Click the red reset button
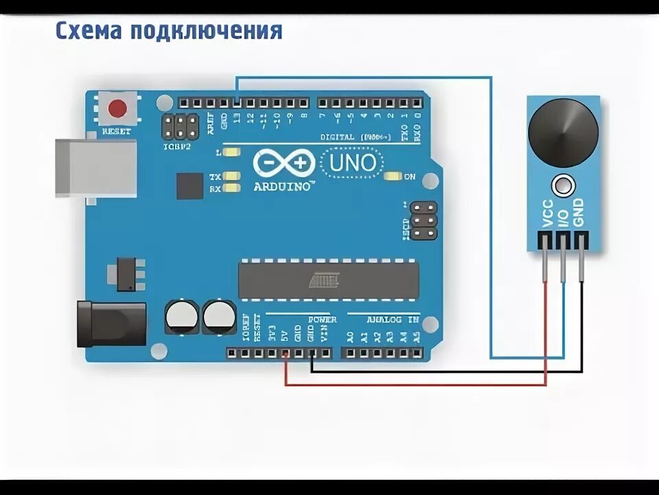tap(118, 109)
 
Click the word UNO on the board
tap(353, 164)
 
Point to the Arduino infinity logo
tap(283, 164)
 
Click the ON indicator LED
tap(393, 177)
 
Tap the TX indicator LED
tap(232, 177)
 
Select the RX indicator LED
tap(232, 188)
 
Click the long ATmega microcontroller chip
tap(328, 280)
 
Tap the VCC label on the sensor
tap(547, 213)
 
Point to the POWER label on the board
tap(322, 320)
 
